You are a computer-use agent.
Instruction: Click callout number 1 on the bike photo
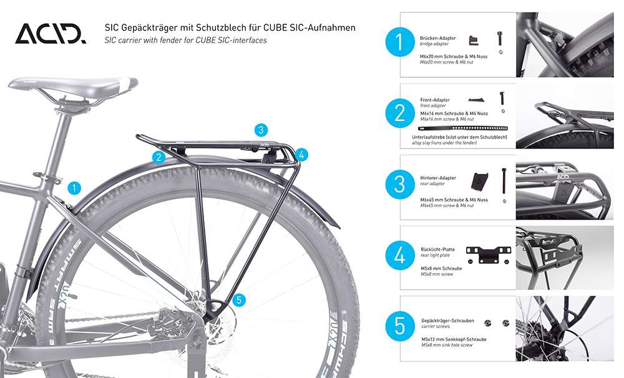point(74,187)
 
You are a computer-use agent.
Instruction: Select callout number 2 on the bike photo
point(160,157)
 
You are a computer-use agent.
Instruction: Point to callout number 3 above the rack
point(261,130)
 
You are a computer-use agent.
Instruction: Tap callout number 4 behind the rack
point(301,154)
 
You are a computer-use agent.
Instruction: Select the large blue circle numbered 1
point(400,44)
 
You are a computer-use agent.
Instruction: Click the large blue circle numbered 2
point(400,114)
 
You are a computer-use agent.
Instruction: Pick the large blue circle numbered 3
point(400,185)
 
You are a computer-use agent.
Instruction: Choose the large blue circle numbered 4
point(400,256)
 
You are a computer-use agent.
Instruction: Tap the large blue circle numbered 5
point(400,326)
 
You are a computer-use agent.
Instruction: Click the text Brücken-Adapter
point(437,38)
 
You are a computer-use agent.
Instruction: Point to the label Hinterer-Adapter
point(438,178)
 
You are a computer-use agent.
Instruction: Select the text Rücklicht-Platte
point(437,249)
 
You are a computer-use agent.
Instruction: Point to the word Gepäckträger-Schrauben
point(447,321)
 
